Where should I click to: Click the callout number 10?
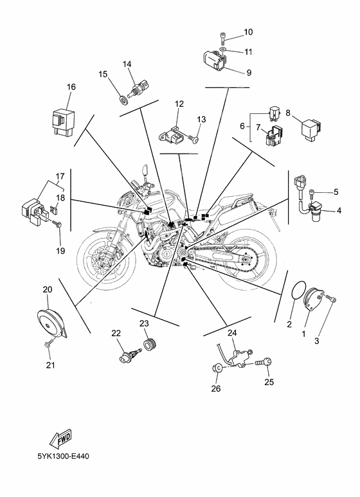click(249, 32)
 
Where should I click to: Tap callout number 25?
click(268, 381)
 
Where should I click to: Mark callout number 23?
click(145, 323)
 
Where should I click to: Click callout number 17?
click(60, 176)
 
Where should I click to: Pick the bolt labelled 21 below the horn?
click(48, 347)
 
